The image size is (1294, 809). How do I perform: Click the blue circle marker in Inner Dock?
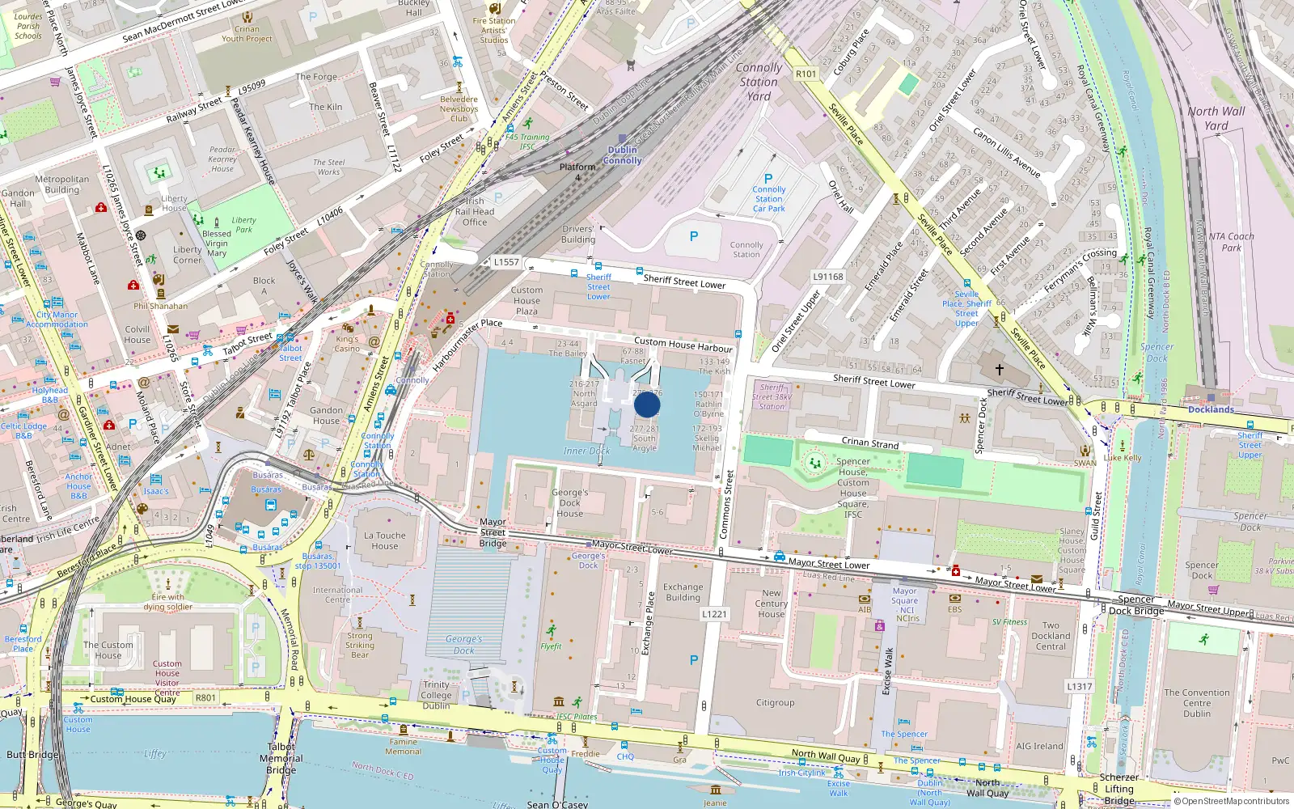(x=647, y=404)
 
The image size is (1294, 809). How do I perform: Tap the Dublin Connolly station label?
(x=622, y=155)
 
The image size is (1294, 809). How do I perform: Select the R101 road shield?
(x=806, y=74)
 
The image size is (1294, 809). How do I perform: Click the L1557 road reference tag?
(x=506, y=262)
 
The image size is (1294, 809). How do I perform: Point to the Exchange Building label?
(x=683, y=592)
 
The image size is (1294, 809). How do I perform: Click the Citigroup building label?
(x=775, y=702)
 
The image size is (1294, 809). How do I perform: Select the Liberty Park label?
(x=243, y=224)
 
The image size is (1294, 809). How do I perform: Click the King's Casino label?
(x=347, y=344)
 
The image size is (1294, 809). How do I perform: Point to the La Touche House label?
(x=385, y=540)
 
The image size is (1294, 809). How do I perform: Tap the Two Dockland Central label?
(x=1051, y=636)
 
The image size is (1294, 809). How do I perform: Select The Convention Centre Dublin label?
(x=1196, y=702)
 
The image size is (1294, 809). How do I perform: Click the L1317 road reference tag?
(x=1079, y=686)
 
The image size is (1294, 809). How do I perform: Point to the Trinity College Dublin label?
(x=436, y=695)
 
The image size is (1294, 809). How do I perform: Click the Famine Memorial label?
(x=404, y=746)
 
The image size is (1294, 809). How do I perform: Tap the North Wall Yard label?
(x=1216, y=118)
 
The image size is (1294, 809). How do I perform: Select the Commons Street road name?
(x=726, y=504)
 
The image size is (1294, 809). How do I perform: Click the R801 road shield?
(x=205, y=697)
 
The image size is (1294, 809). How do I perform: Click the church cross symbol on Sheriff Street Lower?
(x=1000, y=369)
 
